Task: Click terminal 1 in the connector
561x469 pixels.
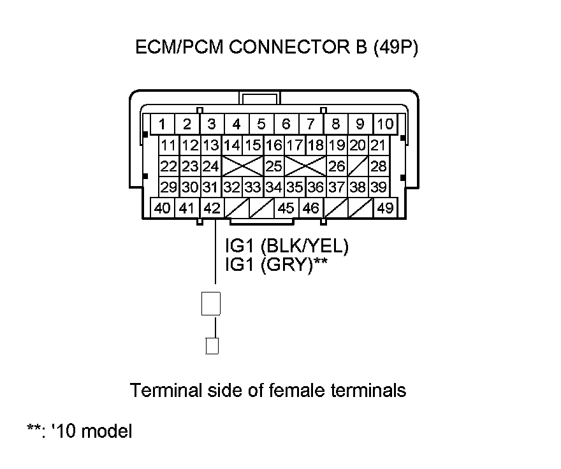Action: pyautogui.click(x=163, y=124)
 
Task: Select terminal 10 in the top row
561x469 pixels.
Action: pyautogui.click(x=384, y=124)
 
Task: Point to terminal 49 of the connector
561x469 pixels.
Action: pyautogui.click(x=384, y=208)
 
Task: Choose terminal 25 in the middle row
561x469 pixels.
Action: pyautogui.click(x=274, y=166)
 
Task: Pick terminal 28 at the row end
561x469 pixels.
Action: pyautogui.click(x=379, y=166)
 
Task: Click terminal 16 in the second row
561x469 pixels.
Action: pyautogui.click(x=274, y=145)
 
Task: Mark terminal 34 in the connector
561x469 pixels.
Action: pyautogui.click(x=274, y=187)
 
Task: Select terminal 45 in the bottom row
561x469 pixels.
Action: pyautogui.click(x=286, y=208)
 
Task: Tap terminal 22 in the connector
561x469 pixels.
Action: pyautogui.click(x=169, y=166)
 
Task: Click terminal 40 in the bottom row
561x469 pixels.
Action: pyautogui.click(x=163, y=208)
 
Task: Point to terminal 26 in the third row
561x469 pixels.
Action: pyautogui.click(x=337, y=166)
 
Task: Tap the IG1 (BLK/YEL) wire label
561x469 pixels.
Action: pyautogui.click(x=287, y=246)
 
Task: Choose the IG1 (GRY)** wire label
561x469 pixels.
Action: pyautogui.click(x=277, y=264)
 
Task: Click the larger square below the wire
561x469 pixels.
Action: pyautogui.click(x=211, y=303)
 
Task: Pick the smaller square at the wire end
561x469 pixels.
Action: pyautogui.click(x=212, y=345)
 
